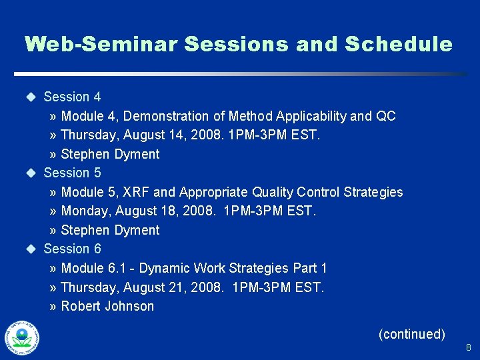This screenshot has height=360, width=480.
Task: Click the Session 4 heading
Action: pyautogui.click(x=72, y=97)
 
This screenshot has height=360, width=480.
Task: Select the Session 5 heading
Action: pyautogui.click(x=72, y=173)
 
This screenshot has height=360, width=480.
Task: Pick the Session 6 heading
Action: pyautogui.click(x=72, y=249)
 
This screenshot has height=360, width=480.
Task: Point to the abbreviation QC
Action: pyautogui.click(x=386, y=117)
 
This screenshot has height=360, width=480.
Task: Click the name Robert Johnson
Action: pyautogui.click(x=107, y=307)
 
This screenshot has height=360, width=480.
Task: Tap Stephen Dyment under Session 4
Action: pyautogui.click(x=110, y=155)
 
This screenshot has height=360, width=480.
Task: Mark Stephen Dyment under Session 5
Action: pyautogui.click(x=110, y=231)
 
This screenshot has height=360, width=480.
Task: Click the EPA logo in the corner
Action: pyautogui.click(x=21, y=338)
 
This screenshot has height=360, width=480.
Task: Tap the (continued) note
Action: pyautogui.click(x=411, y=334)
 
